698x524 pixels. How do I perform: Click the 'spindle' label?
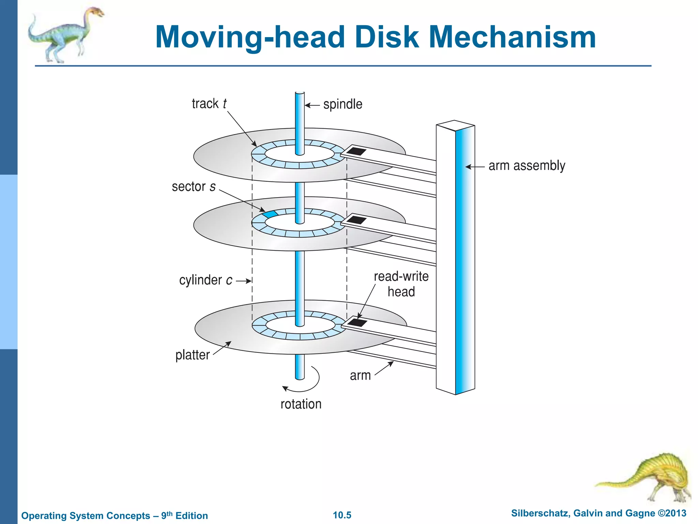(x=343, y=104)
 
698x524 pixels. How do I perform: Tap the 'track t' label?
(x=209, y=104)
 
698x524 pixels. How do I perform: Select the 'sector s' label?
(x=194, y=187)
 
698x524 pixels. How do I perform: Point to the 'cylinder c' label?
(x=206, y=280)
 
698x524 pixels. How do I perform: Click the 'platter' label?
(x=192, y=355)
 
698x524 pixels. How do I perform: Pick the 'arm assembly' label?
(x=527, y=166)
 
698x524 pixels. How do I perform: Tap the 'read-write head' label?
(x=401, y=284)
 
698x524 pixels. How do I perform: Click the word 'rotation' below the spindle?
(x=301, y=404)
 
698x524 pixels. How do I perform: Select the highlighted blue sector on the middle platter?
(x=270, y=214)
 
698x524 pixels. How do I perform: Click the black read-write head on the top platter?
(x=356, y=151)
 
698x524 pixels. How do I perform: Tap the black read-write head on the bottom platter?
(x=357, y=322)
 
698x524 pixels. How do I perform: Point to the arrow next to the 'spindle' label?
(x=312, y=105)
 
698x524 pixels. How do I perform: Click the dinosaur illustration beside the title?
(x=65, y=34)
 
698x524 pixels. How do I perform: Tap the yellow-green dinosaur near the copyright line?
(x=648, y=478)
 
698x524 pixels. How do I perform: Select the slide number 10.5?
(x=342, y=515)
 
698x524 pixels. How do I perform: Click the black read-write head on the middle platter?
(x=356, y=219)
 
